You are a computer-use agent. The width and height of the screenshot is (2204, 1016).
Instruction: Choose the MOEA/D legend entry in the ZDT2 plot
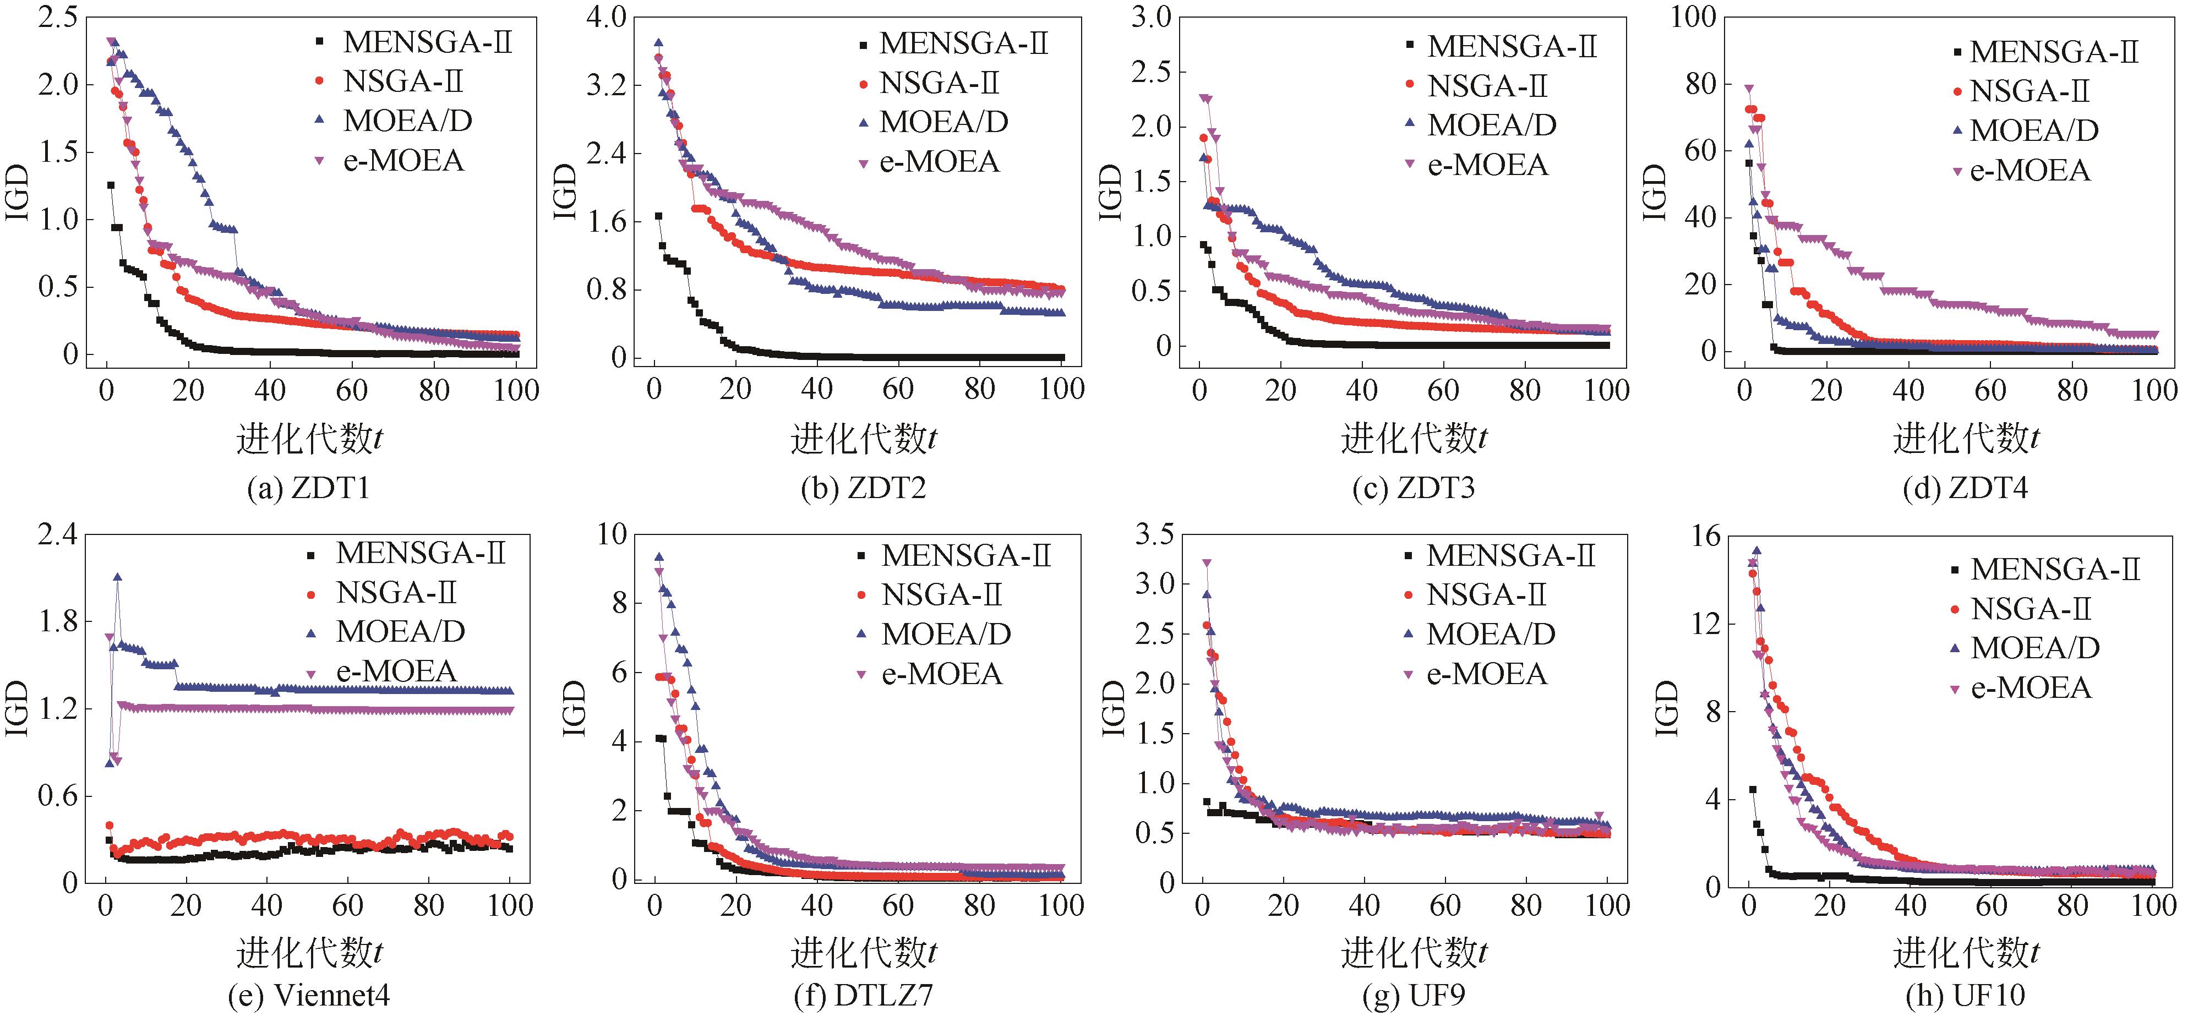(x=943, y=122)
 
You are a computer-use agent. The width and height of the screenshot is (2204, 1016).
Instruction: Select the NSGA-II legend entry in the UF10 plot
(x=2030, y=609)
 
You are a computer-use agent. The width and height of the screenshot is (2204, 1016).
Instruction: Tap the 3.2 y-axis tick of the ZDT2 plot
(x=605, y=85)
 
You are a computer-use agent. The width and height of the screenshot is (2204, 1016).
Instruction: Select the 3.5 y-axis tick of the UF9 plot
(x=1153, y=536)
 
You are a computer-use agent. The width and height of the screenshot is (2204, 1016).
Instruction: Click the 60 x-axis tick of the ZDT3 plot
(x=1443, y=391)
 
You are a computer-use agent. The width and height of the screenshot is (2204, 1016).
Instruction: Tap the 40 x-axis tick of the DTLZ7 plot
(x=817, y=906)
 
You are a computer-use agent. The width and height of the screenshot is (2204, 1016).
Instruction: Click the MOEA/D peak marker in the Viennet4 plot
(x=117, y=578)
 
